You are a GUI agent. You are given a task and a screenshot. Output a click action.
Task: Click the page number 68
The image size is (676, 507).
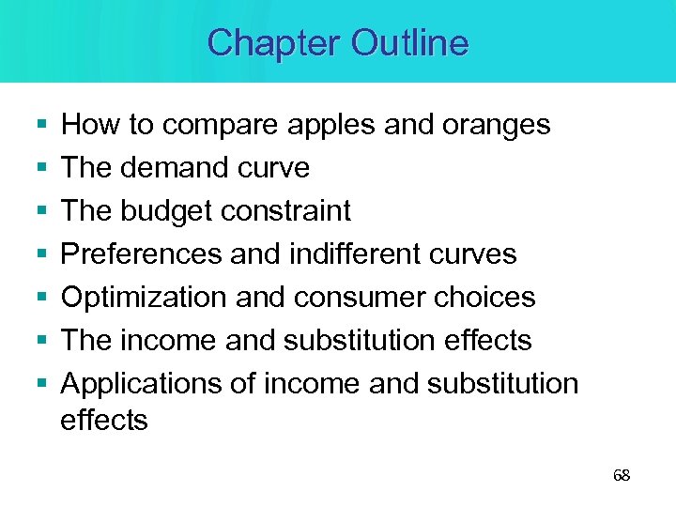coord(622,475)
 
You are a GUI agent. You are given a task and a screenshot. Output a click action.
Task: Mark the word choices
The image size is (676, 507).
coord(486,298)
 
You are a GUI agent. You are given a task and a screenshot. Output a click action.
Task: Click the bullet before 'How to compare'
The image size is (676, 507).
coord(38,125)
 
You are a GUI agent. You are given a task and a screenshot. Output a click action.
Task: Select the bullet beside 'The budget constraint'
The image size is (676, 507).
coord(38,211)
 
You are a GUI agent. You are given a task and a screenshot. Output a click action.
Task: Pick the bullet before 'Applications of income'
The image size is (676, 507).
coord(38,384)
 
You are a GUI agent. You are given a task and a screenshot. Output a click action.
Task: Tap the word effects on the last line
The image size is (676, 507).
coord(103,420)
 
